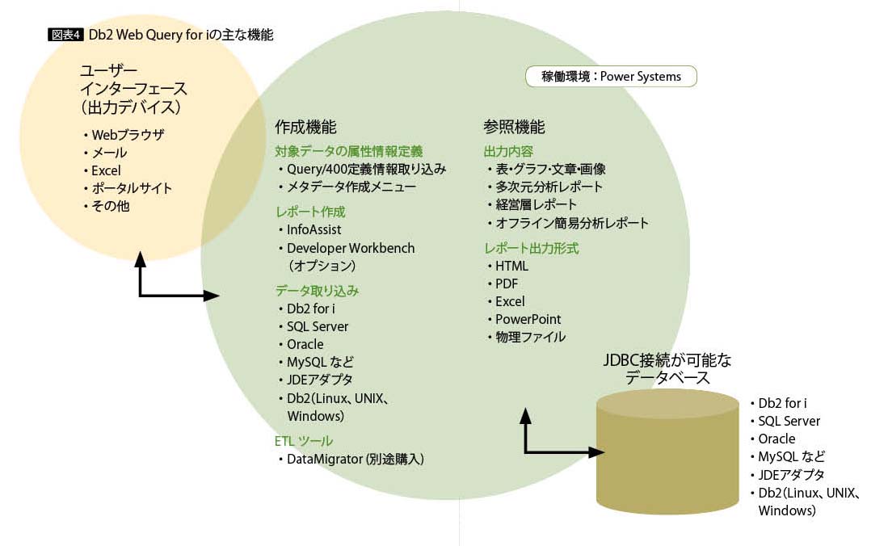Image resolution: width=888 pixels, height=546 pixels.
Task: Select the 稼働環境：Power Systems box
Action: point(614,77)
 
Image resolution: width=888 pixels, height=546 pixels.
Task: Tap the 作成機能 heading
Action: point(305,127)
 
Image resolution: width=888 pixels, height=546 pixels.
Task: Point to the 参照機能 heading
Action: point(514,127)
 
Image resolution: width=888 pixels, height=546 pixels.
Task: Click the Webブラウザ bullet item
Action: point(128,135)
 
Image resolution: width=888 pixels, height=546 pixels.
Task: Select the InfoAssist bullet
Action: point(316,229)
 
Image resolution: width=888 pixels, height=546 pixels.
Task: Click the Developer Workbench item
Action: point(350,248)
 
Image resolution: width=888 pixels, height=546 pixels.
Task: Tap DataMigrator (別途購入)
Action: point(355,459)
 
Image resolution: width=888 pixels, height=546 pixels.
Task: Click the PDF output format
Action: point(507,283)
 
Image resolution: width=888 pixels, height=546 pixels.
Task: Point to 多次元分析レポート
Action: point(549,187)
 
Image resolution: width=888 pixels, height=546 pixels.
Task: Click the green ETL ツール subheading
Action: point(304,441)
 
